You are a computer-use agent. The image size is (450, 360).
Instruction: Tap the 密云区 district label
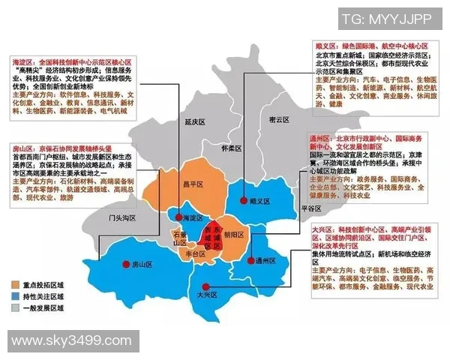[278, 119]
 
